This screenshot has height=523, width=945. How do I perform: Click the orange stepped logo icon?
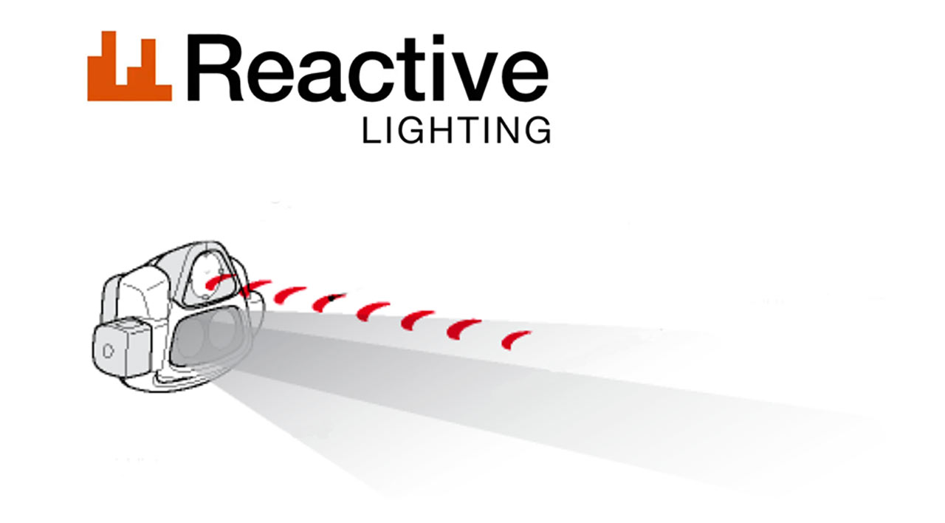(x=129, y=66)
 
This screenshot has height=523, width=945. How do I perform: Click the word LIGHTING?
(x=456, y=131)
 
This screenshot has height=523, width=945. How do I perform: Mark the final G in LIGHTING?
(x=537, y=131)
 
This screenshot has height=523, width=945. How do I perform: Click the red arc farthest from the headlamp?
(x=515, y=340)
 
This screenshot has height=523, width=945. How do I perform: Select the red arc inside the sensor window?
(x=219, y=281)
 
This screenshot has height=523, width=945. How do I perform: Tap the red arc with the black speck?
(x=327, y=301)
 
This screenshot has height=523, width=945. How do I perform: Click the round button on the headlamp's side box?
(x=108, y=350)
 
